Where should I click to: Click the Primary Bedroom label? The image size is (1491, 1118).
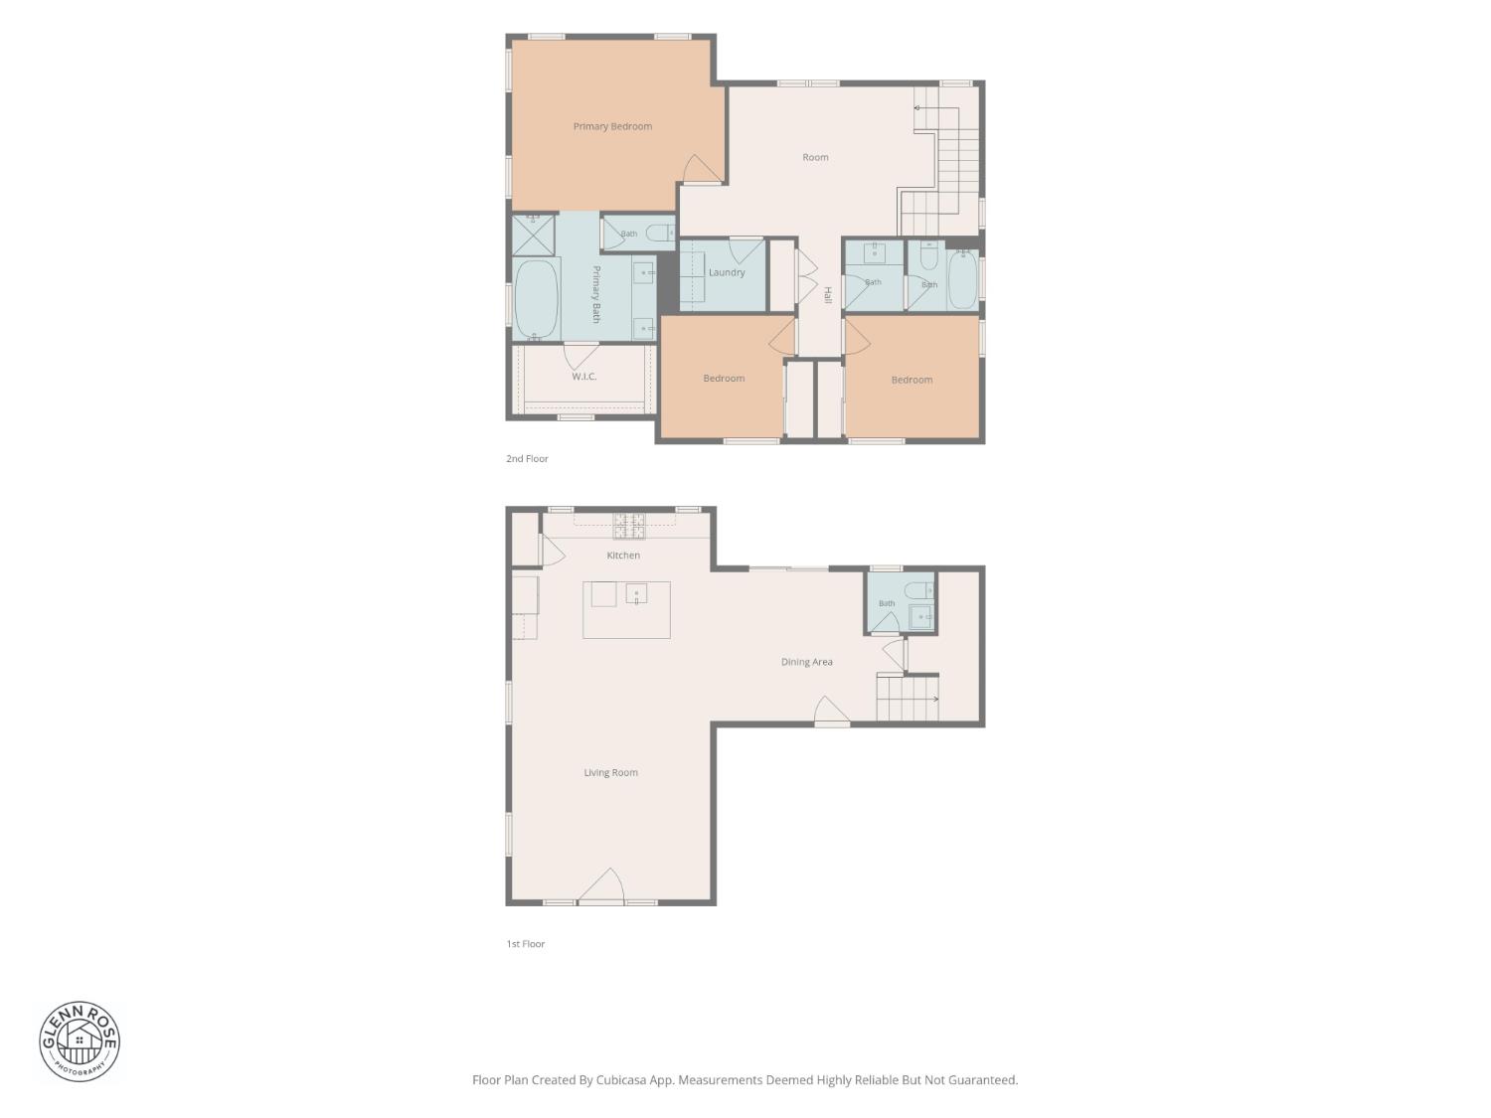point(612,126)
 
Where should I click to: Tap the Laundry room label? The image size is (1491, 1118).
point(727,272)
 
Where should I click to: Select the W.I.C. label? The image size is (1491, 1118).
point(583,376)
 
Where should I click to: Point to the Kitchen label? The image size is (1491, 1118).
point(623,555)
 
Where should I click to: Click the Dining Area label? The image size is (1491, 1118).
point(806,661)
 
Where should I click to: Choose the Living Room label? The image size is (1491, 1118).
point(610,772)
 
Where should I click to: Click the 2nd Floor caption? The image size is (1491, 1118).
point(527,458)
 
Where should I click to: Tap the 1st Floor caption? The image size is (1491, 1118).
point(525,943)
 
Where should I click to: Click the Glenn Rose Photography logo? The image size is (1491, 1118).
point(80,1040)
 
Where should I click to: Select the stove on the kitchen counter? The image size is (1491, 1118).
point(629,526)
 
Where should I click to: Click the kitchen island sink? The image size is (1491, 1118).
point(636,594)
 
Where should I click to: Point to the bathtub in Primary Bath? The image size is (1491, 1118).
point(537,299)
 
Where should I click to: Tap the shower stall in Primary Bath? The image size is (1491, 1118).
point(533,235)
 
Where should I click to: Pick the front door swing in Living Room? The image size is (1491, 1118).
point(601,884)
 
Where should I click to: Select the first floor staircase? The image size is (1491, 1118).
point(908,697)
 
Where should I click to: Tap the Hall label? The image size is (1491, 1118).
point(827,294)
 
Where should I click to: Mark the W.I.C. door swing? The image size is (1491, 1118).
point(580,357)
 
